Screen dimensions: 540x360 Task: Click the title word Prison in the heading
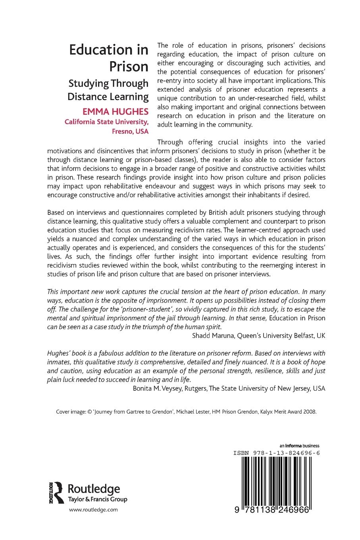(129, 66)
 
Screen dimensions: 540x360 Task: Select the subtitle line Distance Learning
(108, 96)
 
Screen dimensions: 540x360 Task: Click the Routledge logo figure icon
(58, 492)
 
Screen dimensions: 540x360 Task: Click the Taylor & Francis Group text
(98, 499)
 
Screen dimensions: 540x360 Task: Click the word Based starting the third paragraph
(57, 212)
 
